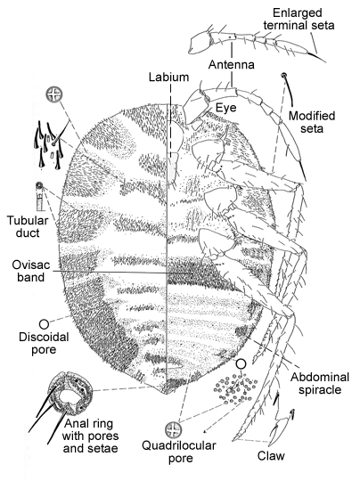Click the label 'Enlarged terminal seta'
click(299, 19)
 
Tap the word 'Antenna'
click(232, 65)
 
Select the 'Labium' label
click(168, 77)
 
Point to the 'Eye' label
click(226, 108)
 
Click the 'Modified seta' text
click(312, 122)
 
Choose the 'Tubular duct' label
click(28, 227)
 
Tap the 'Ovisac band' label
click(30, 271)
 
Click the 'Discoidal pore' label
click(44, 343)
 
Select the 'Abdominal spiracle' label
click(320, 383)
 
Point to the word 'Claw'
click(271, 456)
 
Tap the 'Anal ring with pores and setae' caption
click(90, 436)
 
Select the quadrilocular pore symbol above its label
click(174, 429)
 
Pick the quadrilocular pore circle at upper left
click(54, 94)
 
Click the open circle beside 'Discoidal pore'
click(44, 324)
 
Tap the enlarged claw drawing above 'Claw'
click(282, 420)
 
